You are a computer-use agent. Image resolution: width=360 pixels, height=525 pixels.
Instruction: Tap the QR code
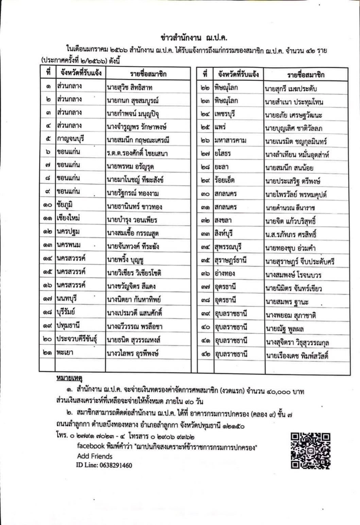coord(310,451)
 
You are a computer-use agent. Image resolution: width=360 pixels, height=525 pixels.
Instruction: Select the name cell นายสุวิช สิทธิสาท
coord(129,87)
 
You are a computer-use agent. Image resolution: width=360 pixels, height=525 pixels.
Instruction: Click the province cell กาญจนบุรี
coord(71,139)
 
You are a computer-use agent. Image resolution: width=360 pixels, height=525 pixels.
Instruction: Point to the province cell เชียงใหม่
coord(68,219)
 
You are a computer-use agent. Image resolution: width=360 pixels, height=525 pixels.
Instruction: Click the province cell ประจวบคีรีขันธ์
coord(77,339)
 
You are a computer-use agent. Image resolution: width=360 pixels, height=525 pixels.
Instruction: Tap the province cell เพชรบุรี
coord(224,114)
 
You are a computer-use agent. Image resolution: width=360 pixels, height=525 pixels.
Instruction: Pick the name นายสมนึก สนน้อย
coord(289,168)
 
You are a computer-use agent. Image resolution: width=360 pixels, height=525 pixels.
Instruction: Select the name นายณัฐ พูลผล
coord(284,329)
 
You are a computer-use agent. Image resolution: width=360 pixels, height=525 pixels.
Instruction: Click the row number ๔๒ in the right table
coord(205,354)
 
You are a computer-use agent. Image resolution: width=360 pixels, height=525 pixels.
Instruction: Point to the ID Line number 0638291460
coord(115,465)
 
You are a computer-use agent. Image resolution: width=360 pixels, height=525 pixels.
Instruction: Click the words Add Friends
coord(95,456)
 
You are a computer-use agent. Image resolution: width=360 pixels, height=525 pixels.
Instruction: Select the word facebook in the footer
coord(90,446)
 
